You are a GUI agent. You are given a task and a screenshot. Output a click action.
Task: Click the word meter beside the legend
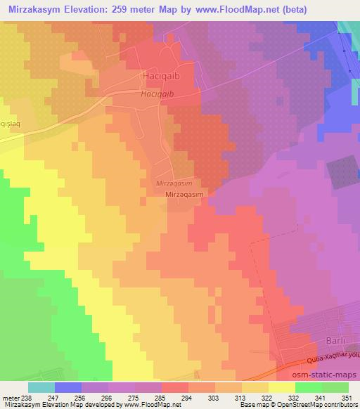click(x=12, y=397)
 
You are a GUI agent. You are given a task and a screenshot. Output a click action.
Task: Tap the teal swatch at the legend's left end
click(x=41, y=387)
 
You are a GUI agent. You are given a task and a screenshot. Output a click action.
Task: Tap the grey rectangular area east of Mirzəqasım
click(x=343, y=171)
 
